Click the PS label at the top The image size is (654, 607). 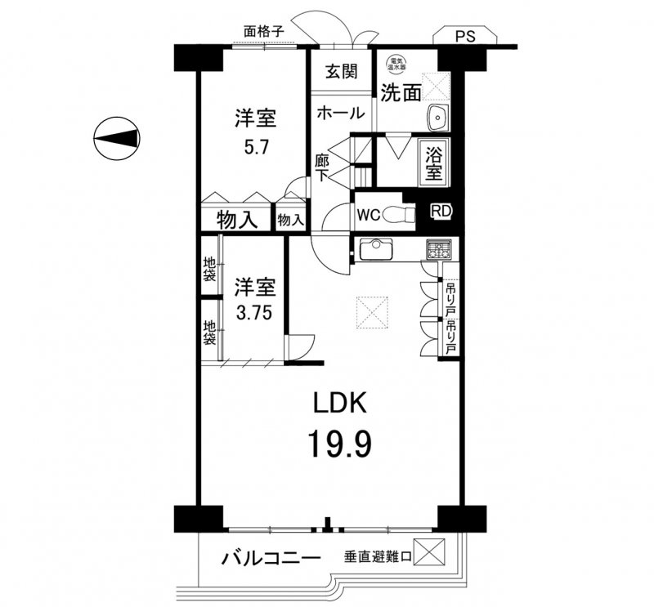[466, 35]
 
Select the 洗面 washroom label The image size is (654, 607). [401, 92]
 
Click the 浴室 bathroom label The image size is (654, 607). [433, 163]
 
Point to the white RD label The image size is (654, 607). [441, 211]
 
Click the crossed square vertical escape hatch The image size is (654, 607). [429, 555]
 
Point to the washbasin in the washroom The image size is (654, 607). [437, 118]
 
